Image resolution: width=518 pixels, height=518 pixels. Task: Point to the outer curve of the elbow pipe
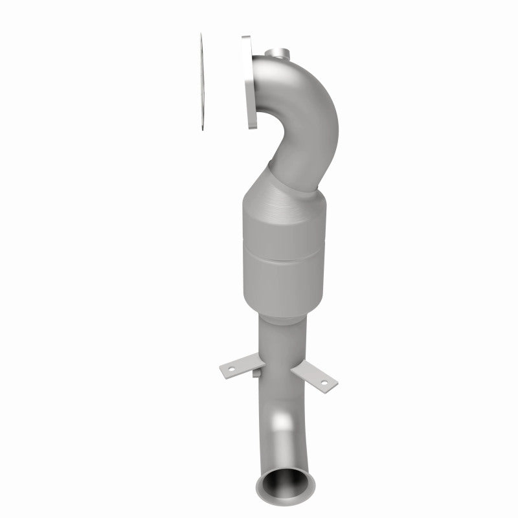[x=324, y=110]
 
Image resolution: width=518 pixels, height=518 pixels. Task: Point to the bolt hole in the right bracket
[x=321, y=383]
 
